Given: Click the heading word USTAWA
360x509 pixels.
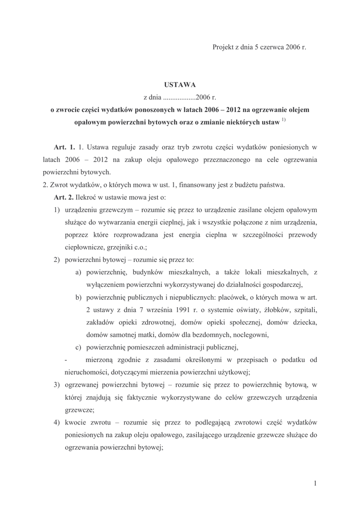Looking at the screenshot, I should (x=180, y=85).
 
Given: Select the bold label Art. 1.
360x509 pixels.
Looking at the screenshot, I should (x=64, y=148).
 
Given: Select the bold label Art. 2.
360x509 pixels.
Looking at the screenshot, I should (x=64, y=197).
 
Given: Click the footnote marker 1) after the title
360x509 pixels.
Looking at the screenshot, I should (x=283, y=120).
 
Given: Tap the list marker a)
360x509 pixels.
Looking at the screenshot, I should (x=79, y=272).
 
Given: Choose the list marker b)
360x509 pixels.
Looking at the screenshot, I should (x=79, y=297).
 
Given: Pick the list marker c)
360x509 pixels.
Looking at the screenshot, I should (x=79, y=347).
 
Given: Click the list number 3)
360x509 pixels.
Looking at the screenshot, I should (x=57, y=384).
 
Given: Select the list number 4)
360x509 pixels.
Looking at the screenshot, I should (x=57, y=422).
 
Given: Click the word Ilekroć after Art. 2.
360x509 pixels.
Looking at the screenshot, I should (x=91, y=197).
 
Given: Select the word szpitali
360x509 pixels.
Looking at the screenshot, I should (x=302, y=310).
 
